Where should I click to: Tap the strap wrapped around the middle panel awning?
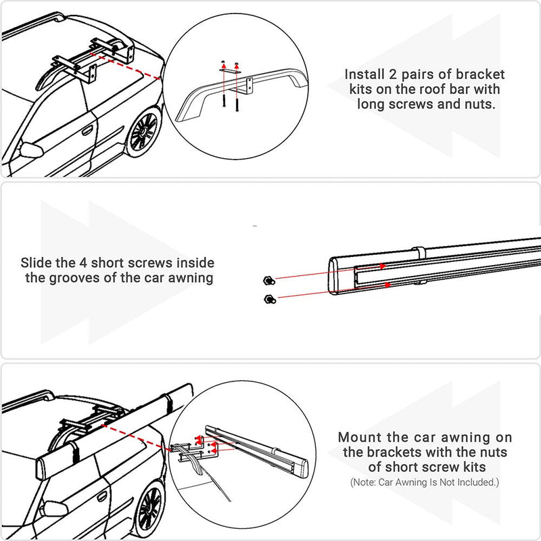[x=419, y=253]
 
